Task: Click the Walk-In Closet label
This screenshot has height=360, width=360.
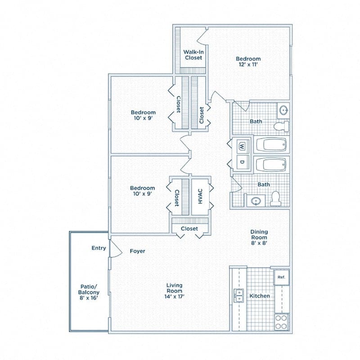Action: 193,54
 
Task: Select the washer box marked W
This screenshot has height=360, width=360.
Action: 242,146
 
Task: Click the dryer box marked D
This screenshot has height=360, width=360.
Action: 242,162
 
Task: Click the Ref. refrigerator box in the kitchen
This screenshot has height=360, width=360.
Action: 281,277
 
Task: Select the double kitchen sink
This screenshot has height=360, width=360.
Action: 238,296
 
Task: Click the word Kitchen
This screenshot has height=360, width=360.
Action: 260,296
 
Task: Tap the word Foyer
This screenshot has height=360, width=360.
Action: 137,251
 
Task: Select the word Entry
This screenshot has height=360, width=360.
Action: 99,248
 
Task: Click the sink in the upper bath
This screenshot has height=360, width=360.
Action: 283,110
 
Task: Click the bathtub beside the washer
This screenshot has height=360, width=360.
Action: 271,146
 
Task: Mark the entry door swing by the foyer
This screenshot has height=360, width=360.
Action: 114,248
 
